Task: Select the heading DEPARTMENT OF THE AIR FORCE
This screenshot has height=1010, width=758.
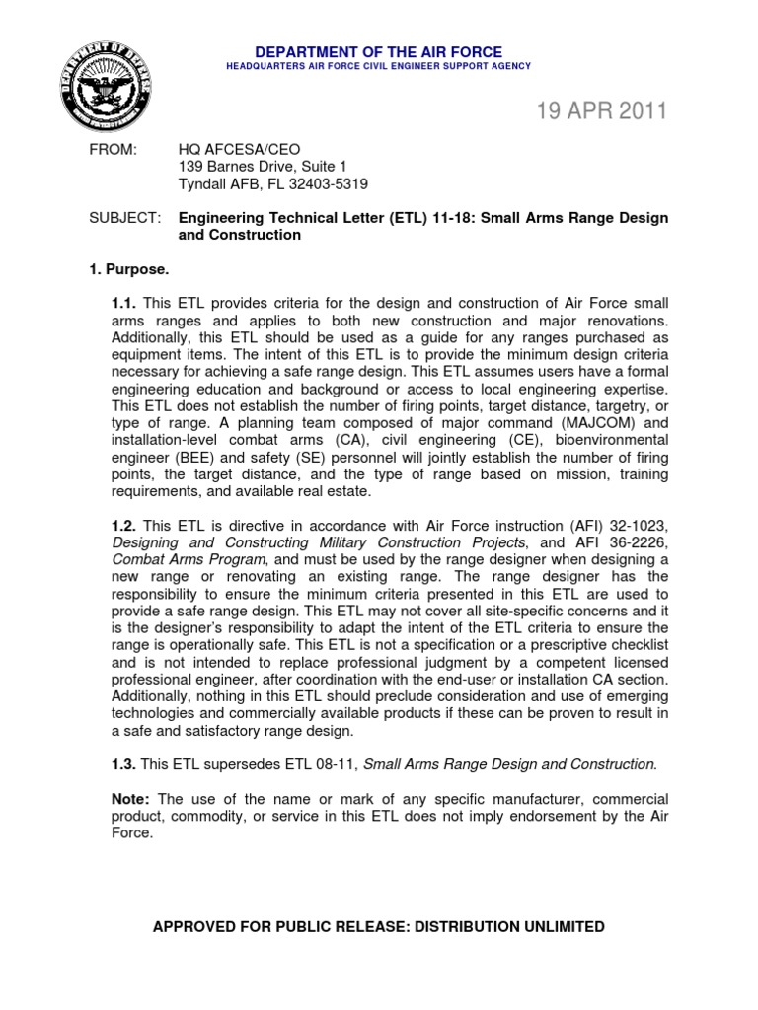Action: [379, 51]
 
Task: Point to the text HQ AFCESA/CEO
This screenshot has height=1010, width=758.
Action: [226, 149]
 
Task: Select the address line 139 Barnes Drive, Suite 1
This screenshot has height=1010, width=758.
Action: [262, 167]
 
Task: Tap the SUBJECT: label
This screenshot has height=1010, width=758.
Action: [121, 218]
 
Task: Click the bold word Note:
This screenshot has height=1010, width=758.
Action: [130, 799]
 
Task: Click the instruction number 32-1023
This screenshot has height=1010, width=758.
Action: [635, 525]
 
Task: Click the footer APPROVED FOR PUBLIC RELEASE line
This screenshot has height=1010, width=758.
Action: [378, 927]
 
